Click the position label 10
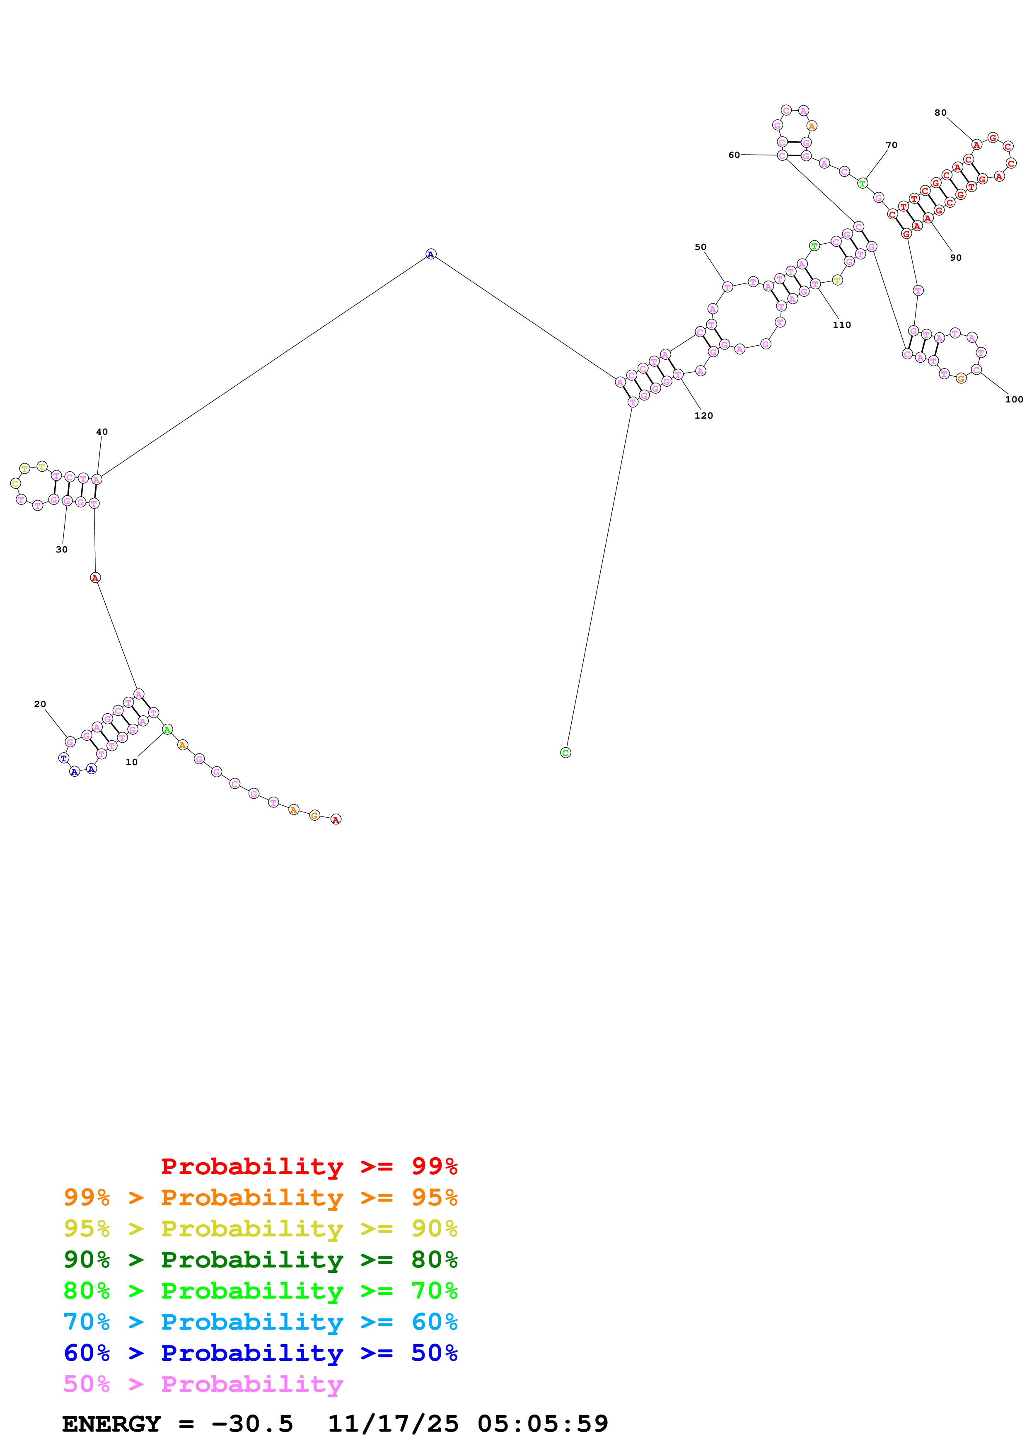tap(131, 762)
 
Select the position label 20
tap(40, 703)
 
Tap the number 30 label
tap(61, 549)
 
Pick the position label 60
tap(734, 155)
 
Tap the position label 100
tap(1014, 399)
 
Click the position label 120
tap(703, 415)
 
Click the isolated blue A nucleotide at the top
tap(431, 254)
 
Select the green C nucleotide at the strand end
tap(566, 752)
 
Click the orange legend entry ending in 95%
tap(260, 1197)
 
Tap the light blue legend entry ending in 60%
tap(260, 1322)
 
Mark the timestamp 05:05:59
tap(543, 1424)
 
